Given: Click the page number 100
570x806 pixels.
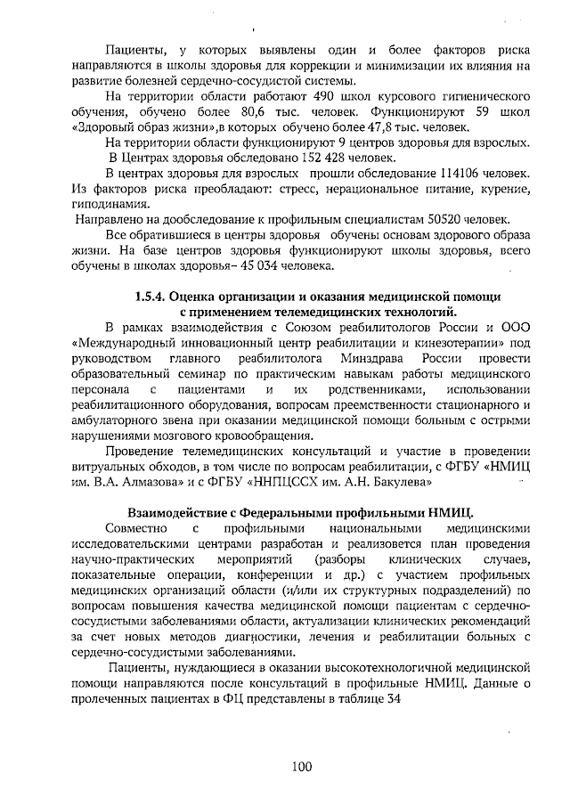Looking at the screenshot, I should coord(300,769).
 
